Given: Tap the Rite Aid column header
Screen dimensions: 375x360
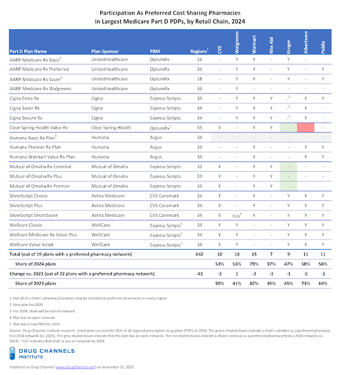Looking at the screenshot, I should [271, 46].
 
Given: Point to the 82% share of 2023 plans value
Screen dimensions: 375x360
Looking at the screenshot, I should [255, 285].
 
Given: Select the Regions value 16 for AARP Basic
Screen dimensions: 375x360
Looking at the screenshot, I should [200, 60].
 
